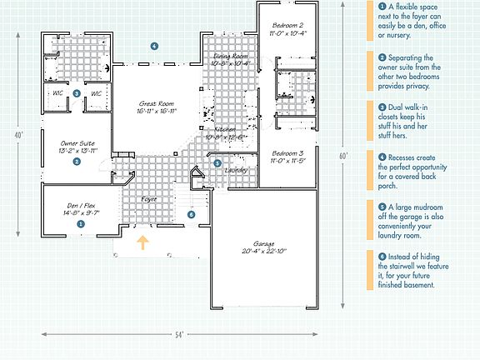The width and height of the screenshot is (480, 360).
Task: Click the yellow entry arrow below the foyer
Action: click(142, 243)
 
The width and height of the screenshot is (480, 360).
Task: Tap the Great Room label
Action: click(157, 109)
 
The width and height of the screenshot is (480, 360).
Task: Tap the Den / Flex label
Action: click(83, 209)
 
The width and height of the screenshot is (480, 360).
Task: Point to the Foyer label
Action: click(148, 199)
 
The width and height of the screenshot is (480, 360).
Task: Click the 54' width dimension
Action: click(178, 334)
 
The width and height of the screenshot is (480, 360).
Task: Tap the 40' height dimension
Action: click(19, 135)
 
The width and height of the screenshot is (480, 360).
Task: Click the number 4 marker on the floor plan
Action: click(153, 45)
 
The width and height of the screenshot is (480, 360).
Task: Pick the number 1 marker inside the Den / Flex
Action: click(81, 223)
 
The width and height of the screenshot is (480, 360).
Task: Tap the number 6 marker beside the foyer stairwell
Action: click(192, 214)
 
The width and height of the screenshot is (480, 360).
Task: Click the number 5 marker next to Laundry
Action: click(217, 163)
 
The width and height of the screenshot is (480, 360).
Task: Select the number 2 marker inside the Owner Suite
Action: click(77, 162)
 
